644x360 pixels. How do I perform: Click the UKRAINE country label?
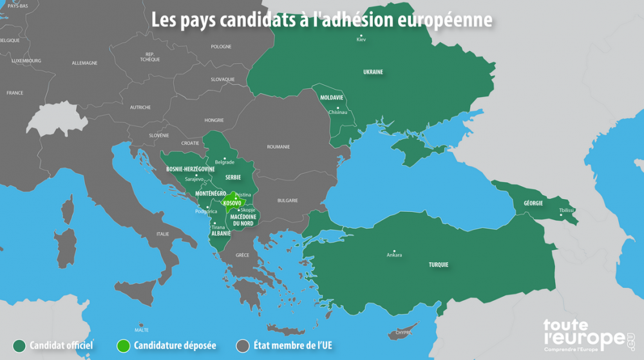(x=373, y=72)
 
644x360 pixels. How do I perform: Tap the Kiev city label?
(x=361, y=40)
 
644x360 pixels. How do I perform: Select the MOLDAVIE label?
(x=332, y=97)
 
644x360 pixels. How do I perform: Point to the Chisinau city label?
(x=337, y=112)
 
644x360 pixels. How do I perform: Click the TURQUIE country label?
(x=439, y=265)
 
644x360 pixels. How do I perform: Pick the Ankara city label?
(x=393, y=255)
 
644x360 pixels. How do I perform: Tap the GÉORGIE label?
(x=533, y=203)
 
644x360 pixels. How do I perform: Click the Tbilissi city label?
(x=566, y=210)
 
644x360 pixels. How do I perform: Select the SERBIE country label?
(x=233, y=176)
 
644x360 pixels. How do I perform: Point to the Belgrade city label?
(x=224, y=162)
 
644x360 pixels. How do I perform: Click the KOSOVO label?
(x=232, y=204)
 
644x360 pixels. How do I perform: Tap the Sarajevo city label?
(x=194, y=179)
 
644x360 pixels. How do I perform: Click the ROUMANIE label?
(x=279, y=147)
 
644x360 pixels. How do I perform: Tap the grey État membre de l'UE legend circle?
(x=242, y=346)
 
